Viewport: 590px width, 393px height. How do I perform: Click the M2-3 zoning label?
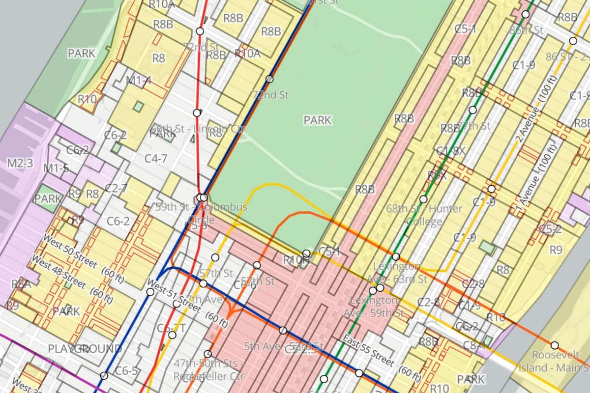click(x=20, y=163)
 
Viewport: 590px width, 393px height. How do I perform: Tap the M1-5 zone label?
click(x=57, y=168)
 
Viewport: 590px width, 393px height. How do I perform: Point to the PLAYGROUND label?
click(x=85, y=349)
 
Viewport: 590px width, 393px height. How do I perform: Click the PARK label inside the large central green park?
click(x=317, y=120)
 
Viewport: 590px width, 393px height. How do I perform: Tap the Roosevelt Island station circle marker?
click(x=555, y=345)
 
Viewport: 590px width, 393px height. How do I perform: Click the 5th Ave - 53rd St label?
click(x=284, y=346)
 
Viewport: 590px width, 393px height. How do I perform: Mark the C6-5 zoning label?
click(x=126, y=371)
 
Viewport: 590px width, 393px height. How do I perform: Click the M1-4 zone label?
click(x=139, y=80)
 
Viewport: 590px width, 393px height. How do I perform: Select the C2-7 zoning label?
click(x=116, y=188)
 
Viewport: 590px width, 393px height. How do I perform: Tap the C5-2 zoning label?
click(x=550, y=229)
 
